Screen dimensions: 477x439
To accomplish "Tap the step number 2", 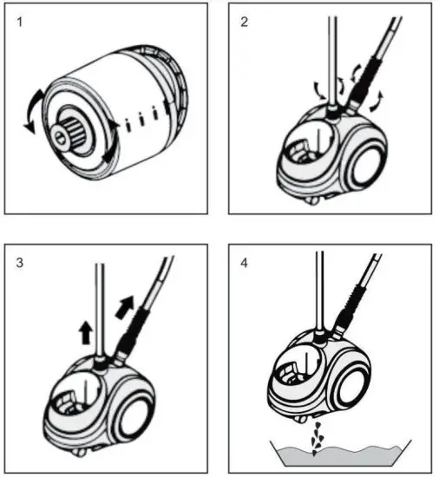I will pos(245,23).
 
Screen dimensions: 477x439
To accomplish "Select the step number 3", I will pos(20,263).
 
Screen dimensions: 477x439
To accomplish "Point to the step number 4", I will pos(245,263).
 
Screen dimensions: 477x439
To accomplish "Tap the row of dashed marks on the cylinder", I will pos(143,117).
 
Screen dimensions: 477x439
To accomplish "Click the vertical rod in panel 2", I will pos(331,52).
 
